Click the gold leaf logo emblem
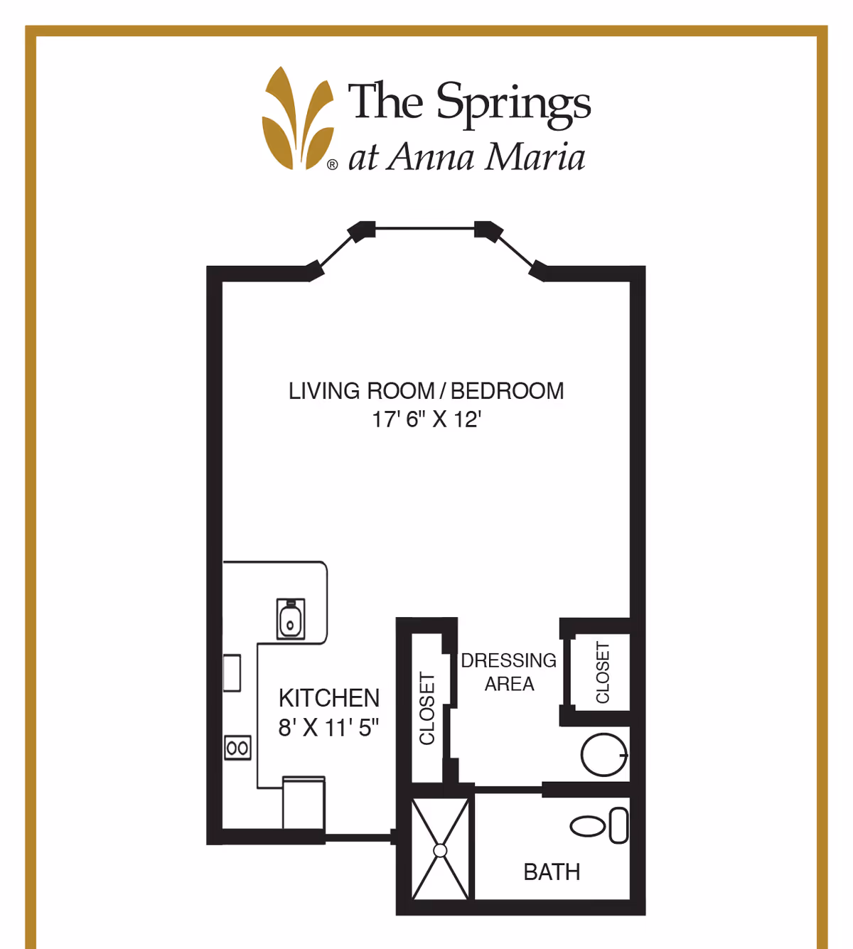pyautogui.click(x=297, y=119)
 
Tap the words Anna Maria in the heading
pyautogui.click(x=487, y=157)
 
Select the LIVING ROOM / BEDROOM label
pyautogui.click(x=426, y=391)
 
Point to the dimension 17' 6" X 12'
pyautogui.click(x=426, y=419)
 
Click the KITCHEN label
pyautogui.click(x=329, y=698)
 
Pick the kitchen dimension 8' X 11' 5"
pyautogui.click(x=328, y=728)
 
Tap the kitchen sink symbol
pyautogui.click(x=291, y=618)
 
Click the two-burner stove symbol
pyautogui.click(x=237, y=748)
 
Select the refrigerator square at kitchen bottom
pyautogui.click(x=304, y=803)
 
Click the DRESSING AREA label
pyautogui.click(x=509, y=672)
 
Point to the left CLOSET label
pyautogui.click(x=427, y=709)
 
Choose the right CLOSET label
pyautogui.click(x=603, y=672)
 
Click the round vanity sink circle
pyautogui.click(x=603, y=754)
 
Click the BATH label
pyautogui.click(x=552, y=872)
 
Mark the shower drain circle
pyautogui.click(x=440, y=850)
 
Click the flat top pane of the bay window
pyautogui.click(x=424, y=228)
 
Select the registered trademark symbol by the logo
pyautogui.click(x=332, y=165)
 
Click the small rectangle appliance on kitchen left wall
pyautogui.click(x=232, y=673)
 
